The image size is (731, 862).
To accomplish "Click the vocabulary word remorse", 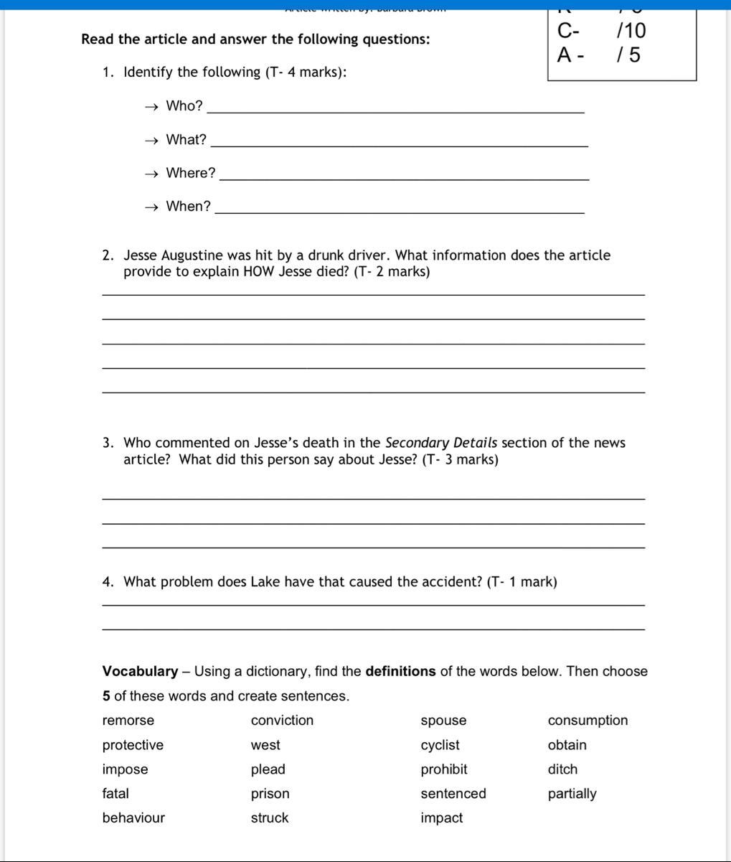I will pyautogui.click(x=128, y=721).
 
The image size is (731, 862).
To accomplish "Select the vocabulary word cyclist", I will pyautogui.click(x=440, y=745).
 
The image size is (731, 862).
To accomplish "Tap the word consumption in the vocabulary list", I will pyautogui.click(x=588, y=721).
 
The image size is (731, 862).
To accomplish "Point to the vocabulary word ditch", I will pyautogui.click(x=562, y=769).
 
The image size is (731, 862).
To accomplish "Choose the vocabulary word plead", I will pyautogui.click(x=268, y=769).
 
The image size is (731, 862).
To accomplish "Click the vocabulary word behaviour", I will pyautogui.click(x=133, y=818).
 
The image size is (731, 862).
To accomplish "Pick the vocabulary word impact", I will pyautogui.click(x=442, y=818).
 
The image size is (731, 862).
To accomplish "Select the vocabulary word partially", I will pyautogui.click(x=572, y=794).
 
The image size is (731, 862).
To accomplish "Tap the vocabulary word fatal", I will pyautogui.click(x=115, y=794).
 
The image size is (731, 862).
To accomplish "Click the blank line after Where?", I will pyautogui.click(x=405, y=178).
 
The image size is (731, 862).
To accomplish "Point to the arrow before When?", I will pyautogui.click(x=151, y=207).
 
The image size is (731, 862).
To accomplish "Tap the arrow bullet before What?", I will pyautogui.click(x=151, y=141).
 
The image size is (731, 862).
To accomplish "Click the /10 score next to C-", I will pyautogui.click(x=631, y=31).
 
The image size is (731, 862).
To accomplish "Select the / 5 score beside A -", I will pyautogui.click(x=628, y=55).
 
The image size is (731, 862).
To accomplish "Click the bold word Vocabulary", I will pyautogui.click(x=140, y=672).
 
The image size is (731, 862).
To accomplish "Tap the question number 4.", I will pyautogui.click(x=107, y=582).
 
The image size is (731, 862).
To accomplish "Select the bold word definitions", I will pyautogui.click(x=400, y=672).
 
